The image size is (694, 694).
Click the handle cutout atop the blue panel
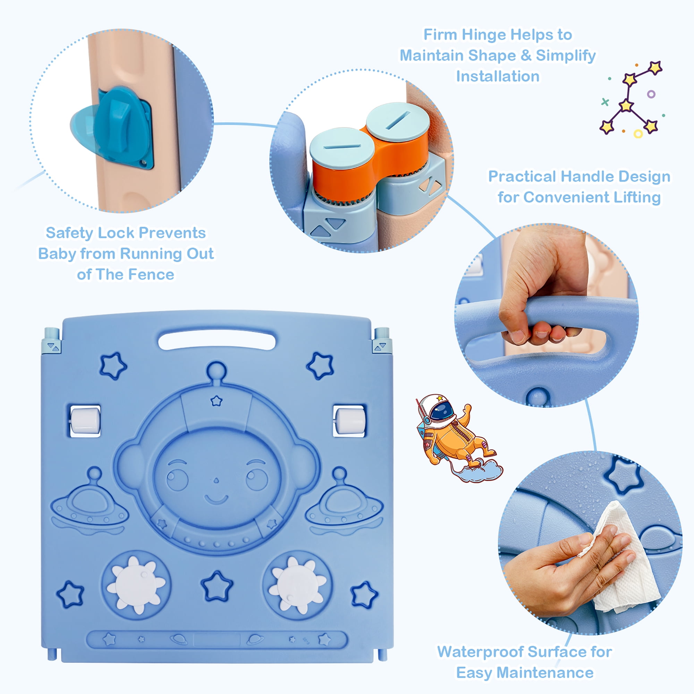click(217, 339)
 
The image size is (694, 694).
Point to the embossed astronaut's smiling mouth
click(216, 500)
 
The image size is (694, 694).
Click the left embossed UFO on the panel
click(90, 503)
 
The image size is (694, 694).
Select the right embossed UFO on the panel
click(344, 503)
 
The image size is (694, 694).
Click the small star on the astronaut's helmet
click(216, 400)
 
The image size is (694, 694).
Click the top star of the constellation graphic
click(655, 68)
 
